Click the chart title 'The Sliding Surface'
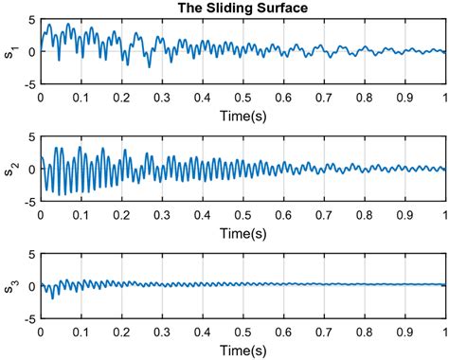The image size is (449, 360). tap(242, 9)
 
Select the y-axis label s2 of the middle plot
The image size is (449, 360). tap(9, 169)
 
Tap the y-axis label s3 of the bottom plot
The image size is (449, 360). tap(9, 286)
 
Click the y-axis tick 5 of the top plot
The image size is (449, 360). tap(31, 20)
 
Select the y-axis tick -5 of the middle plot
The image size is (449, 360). tap(29, 201)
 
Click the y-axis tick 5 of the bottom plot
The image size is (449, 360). tap(31, 255)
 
